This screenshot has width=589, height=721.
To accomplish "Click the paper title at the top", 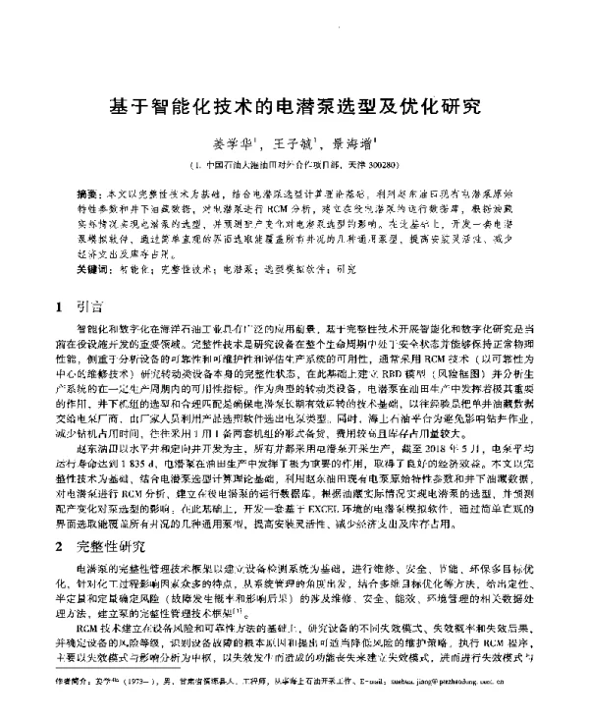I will pyautogui.click(x=294, y=101).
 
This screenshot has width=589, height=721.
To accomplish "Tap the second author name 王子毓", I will pyautogui.click(x=293, y=143).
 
